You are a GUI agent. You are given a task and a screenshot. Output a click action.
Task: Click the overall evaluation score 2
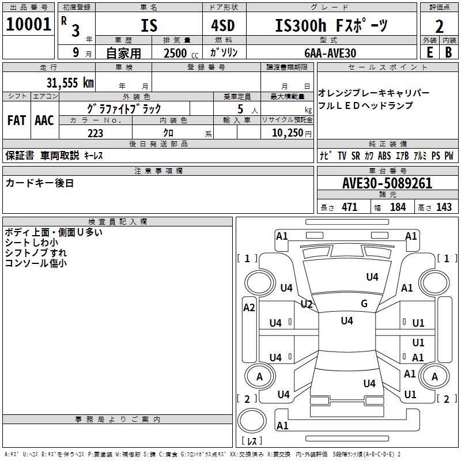coord(439,26)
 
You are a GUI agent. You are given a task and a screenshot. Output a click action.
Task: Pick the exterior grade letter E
coord(429,52)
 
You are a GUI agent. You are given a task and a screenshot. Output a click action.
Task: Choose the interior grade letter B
coord(448,52)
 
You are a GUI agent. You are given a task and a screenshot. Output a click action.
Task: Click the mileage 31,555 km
coord(70,82)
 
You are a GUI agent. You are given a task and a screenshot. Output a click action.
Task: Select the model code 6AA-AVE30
coord(330,52)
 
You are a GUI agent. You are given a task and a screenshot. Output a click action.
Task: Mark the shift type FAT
coord(16,120)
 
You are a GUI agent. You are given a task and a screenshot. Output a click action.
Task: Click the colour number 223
coord(95,133)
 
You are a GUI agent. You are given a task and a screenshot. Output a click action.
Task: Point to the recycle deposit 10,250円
coord(287,133)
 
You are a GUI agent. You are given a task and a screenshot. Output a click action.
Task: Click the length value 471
coord(349,207)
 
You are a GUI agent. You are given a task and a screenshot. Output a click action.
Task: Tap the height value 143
coord(444,207)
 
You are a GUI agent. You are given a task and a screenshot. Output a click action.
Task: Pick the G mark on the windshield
coord(364,304)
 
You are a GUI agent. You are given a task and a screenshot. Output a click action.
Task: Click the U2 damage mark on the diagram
coord(307,304)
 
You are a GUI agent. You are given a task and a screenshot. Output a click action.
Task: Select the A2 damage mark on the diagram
coord(249,308)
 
